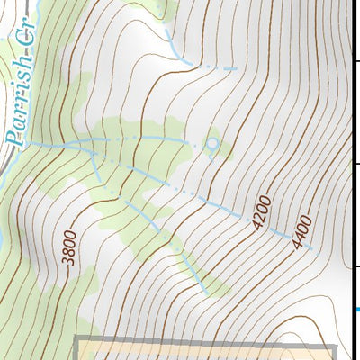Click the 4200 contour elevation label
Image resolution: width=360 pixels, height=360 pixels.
coord(262,212)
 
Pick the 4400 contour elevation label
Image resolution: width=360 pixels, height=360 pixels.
coord(301,231)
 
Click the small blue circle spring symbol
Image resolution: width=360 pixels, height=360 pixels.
coord(211,143)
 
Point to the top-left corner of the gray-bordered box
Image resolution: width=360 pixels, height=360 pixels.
coord(76,339)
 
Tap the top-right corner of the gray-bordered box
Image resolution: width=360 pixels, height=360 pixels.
coord(334,346)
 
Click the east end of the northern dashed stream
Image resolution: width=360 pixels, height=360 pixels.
coord(236,68)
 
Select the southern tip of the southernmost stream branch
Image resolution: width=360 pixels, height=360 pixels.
coord(208,293)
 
